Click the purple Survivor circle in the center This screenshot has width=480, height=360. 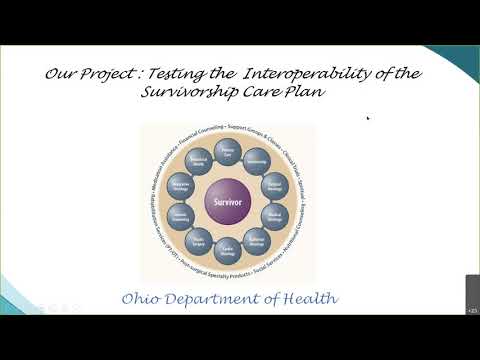click(227, 202)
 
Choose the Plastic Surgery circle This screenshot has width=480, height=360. click(197, 240)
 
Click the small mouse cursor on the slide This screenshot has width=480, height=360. click(369, 118)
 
